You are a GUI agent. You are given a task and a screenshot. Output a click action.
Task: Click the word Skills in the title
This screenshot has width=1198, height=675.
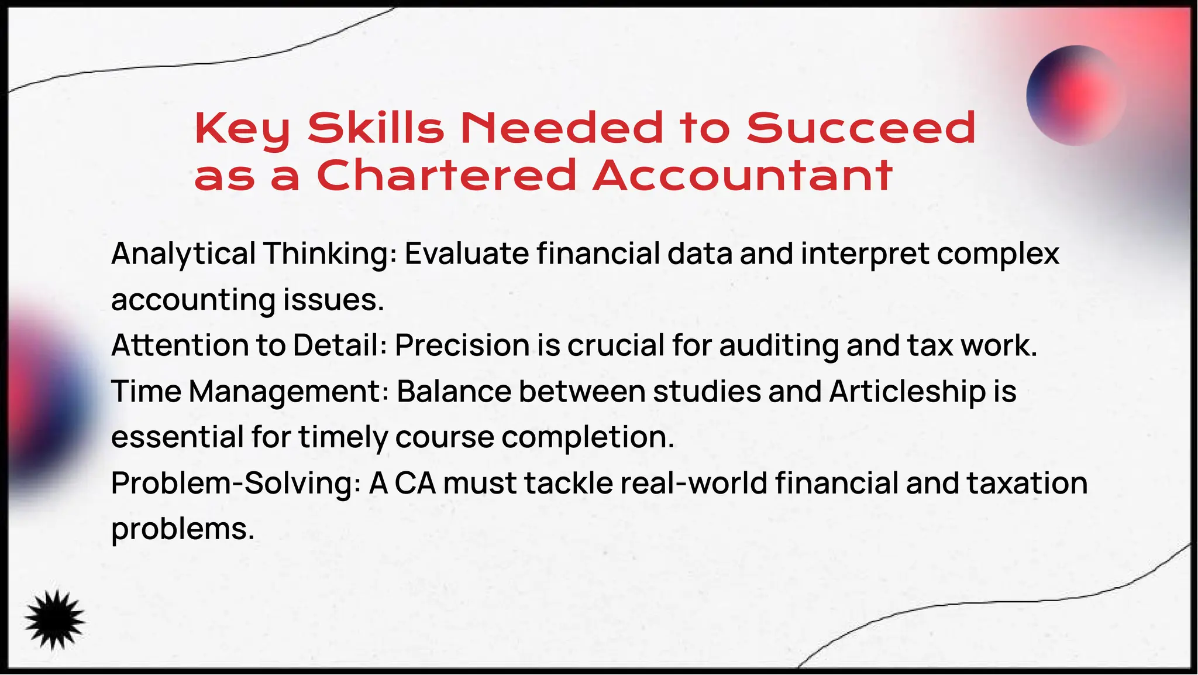point(376,128)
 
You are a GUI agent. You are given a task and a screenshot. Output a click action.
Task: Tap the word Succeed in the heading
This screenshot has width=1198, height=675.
point(861,128)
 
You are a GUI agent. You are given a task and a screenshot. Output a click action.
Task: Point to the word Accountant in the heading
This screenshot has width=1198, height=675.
point(742,175)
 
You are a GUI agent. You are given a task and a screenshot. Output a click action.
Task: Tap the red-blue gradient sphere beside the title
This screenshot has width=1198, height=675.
point(1076,95)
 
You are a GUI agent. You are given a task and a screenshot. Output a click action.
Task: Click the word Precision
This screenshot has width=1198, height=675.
point(462,345)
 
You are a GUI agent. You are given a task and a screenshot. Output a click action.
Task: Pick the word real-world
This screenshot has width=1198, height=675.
point(693,484)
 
